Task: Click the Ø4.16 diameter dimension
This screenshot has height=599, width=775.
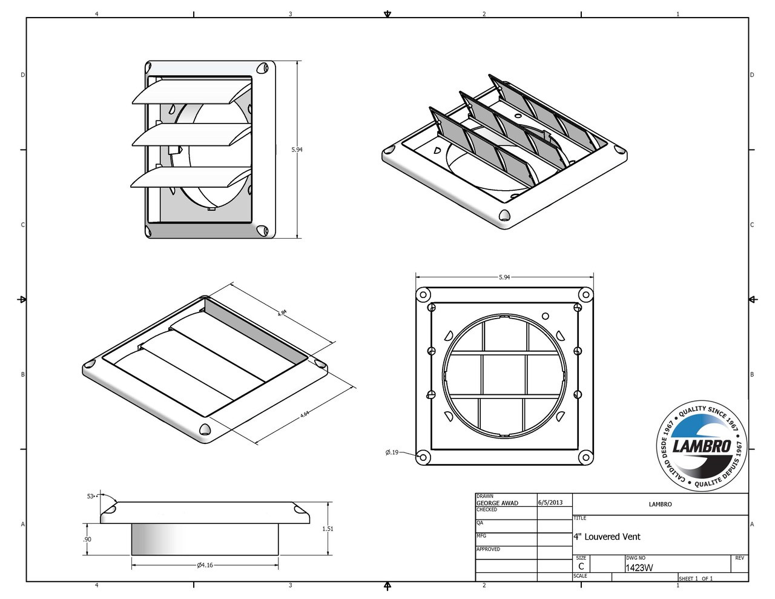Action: click(205, 565)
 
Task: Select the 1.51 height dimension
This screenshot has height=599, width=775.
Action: click(328, 529)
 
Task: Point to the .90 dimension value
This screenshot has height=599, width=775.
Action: click(87, 539)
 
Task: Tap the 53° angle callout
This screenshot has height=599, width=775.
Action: click(91, 496)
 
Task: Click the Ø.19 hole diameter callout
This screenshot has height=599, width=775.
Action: click(392, 452)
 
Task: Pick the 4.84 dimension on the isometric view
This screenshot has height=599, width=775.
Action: click(282, 313)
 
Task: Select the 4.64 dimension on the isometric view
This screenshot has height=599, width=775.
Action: click(305, 414)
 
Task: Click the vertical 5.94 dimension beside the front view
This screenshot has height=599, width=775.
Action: click(297, 150)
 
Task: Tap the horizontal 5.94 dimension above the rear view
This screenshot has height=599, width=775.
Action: click(504, 277)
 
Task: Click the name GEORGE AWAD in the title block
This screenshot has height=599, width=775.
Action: click(497, 503)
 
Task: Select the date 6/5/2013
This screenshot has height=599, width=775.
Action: click(550, 502)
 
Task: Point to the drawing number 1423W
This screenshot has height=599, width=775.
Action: click(639, 568)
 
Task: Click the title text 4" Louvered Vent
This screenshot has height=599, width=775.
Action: click(607, 537)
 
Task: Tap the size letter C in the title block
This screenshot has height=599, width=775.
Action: click(581, 567)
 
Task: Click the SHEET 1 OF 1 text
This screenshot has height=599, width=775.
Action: click(696, 578)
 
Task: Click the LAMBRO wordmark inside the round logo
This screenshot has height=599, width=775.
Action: click(702, 447)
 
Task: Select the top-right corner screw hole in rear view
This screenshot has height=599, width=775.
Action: click(585, 295)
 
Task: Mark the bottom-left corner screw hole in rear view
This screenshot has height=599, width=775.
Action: click(424, 456)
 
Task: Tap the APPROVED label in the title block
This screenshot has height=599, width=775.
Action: click(488, 549)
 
